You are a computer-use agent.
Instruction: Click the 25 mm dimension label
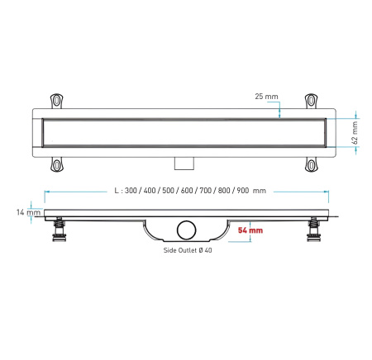[x=266, y=97]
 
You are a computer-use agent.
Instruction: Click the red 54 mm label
[x=250, y=230]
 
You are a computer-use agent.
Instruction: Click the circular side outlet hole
[x=186, y=230]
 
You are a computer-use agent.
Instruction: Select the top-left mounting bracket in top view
[x=56, y=100]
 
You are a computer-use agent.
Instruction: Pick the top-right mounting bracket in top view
[x=312, y=100]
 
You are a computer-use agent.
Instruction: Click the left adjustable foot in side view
[x=59, y=231]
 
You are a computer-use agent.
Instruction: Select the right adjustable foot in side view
[x=315, y=231]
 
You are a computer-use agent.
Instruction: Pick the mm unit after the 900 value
[x=259, y=190]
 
